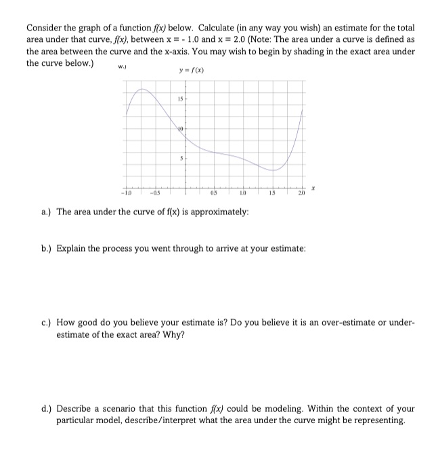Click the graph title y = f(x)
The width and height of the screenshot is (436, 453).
coord(192,71)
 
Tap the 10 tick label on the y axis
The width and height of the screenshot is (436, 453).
coord(181,129)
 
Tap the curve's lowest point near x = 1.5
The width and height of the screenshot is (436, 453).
coord(273,170)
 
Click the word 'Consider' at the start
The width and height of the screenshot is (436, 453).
coord(44,28)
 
